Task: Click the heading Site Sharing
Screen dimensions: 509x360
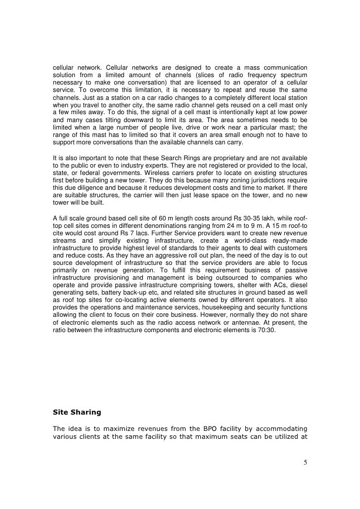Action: tap(76, 410)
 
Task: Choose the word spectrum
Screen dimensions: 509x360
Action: tap(291, 74)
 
